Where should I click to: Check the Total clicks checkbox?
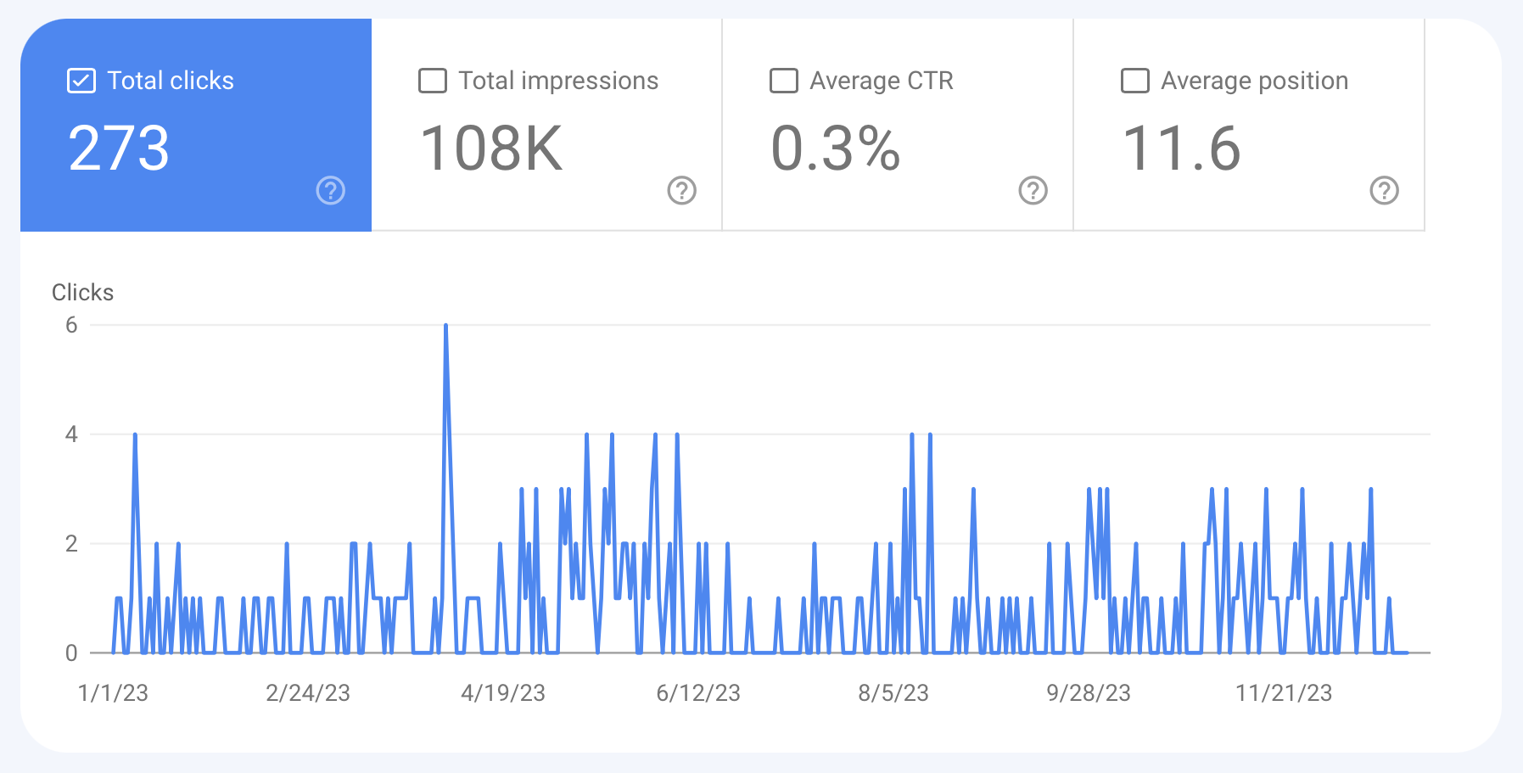pos(81,81)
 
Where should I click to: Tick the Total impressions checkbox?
pos(433,81)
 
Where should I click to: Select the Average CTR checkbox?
pos(783,81)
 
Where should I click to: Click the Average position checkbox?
pos(1134,81)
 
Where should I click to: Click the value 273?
pos(119,148)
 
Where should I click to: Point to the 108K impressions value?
pos(491,148)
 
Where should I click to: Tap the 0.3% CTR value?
pos(835,148)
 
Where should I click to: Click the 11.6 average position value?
pos(1181,148)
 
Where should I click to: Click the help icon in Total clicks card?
pos(331,191)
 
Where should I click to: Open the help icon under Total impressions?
pos(682,191)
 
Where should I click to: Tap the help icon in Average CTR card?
pos(1033,191)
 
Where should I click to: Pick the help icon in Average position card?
pos(1384,191)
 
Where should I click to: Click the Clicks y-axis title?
pos(82,293)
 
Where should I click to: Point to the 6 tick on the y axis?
pos(71,325)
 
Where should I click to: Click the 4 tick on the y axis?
pos(71,434)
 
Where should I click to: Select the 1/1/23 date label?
pos(113,693)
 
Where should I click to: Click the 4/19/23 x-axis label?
pos(503,693)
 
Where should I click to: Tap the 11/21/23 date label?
pos(1284,693)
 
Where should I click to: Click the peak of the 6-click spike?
pos(445,326)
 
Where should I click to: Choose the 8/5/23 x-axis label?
pos(893,693)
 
